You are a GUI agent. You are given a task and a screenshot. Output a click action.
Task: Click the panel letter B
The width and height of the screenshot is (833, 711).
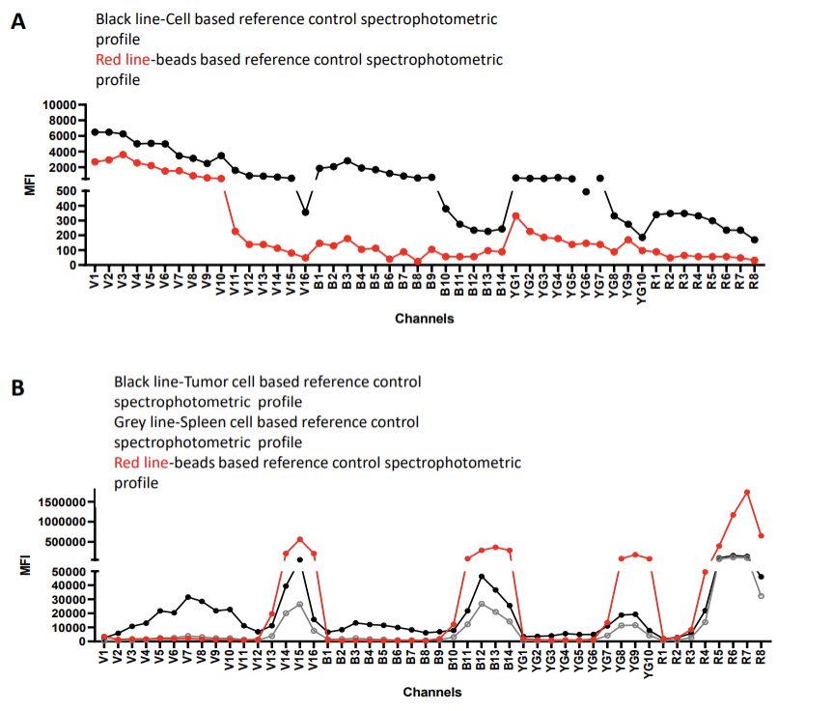pyautogui.click(x=17, y=389)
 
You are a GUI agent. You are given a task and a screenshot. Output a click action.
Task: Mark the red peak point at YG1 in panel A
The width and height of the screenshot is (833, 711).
pyautogui.click(x=516, y=215)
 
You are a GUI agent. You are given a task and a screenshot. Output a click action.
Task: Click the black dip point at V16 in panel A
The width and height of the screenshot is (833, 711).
pyautogui.click(x=306, y=213)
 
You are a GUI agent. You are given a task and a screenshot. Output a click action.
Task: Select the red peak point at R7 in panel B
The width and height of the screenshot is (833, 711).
pyautogui.click(x=747, y=493)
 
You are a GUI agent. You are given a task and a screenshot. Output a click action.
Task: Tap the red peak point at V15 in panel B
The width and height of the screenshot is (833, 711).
pyautogui.click(x=300, y=539)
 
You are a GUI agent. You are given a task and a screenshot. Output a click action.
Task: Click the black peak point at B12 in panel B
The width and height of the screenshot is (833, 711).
pyautogui.click(x=482, y=577)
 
